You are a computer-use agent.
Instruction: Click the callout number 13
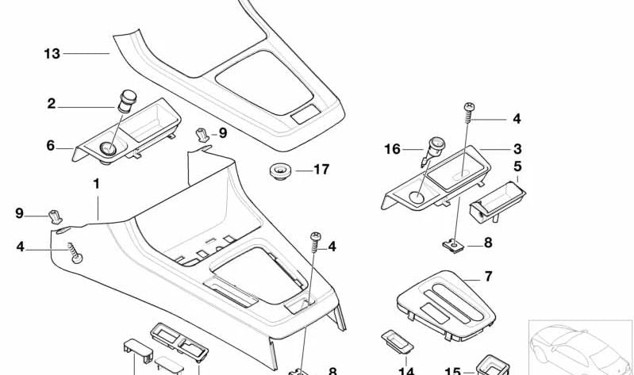(52, 54)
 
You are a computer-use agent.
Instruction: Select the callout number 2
(52, 104)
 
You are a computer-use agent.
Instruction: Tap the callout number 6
(51, 146)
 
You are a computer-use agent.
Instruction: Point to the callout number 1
(97, 183)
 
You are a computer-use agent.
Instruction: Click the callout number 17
(321, 170)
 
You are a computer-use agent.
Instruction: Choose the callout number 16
(393, 148)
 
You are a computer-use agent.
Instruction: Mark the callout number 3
(517, 148)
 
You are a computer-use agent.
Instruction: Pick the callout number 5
(517, 167)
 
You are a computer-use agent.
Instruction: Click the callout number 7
(488, 276)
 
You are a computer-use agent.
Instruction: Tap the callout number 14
(406, 369)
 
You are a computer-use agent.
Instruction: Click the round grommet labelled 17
(279, 170)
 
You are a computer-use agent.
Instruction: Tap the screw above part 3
(467, 113)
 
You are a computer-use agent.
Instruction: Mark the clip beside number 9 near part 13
(203, 135)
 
